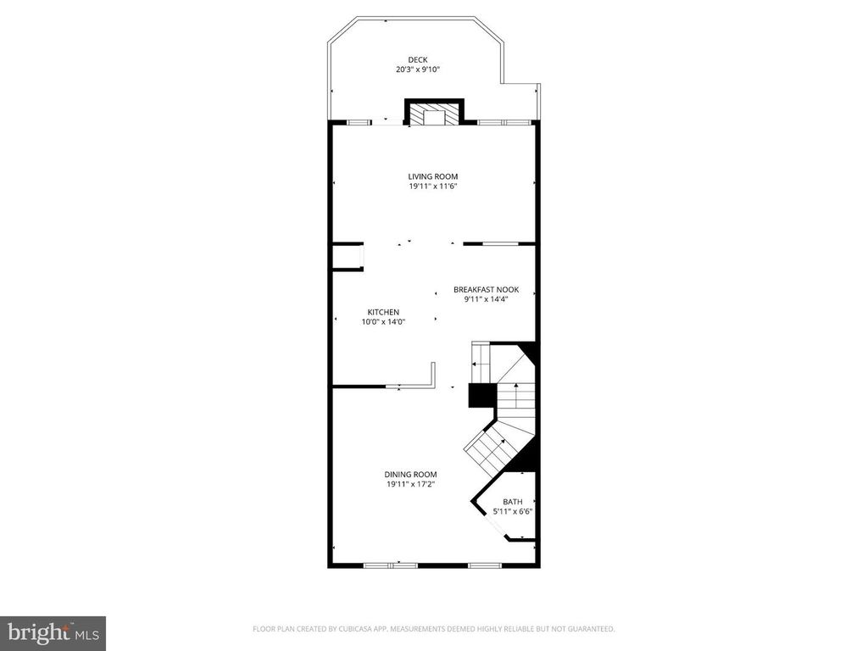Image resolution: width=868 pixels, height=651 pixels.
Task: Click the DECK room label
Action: [418, 59]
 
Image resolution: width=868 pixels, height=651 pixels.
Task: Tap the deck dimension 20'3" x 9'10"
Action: [418, 70]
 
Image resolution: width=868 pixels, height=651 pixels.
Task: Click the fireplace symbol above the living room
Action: [435, 114]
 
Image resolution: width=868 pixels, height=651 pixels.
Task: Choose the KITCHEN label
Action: [383, 312]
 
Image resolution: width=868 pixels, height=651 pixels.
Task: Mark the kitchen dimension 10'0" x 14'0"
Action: [383, 322]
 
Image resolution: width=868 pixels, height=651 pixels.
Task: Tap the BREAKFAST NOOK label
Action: [486, 289]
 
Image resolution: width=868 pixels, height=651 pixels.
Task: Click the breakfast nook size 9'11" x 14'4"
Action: [486, 299]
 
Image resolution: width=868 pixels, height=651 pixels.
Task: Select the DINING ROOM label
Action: [411, 474]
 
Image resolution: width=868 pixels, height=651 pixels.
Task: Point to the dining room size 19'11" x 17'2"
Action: [411, 484]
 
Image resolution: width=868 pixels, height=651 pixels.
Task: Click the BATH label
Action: [513, 502]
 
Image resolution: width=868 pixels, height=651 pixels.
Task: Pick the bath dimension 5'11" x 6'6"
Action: [513, 512]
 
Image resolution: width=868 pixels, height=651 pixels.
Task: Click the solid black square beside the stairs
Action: [481, 397]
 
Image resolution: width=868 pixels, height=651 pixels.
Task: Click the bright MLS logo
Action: [53, 632]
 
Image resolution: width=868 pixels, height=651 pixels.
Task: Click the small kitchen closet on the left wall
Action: [347, 257]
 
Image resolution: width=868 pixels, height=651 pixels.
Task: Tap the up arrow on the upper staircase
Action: [516, 389]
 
